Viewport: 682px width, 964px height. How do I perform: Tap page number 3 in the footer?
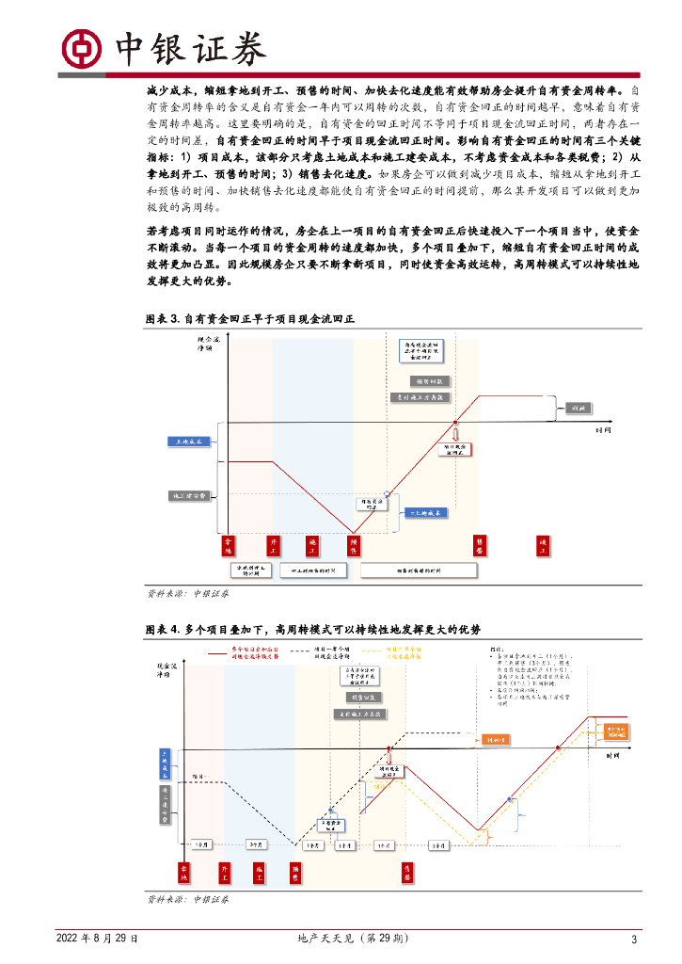pyautogui.click(x=634, y=940)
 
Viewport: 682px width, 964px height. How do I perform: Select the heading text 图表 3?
pyautogui.click(x=163, y=319)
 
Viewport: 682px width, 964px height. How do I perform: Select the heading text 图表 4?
pyautogui.click(x=163, y=629)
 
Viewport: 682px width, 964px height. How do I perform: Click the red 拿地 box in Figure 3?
pyautogui.click(x=227, y=546)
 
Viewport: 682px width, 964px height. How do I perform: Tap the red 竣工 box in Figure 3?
pyautogui.click(x=542, y=546)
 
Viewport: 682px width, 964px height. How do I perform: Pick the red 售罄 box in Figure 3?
pyautogui.click(x=479, y=546)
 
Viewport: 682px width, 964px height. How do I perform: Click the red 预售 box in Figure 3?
pyautogui.click(x=354, y=546)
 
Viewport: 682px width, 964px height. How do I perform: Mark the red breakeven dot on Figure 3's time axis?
pyautogui.click(x=455, y=423)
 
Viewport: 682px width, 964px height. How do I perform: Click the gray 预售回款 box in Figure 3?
pyautogui.click(x=432, y=381)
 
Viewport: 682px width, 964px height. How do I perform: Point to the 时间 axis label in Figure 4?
pyautogui.click(x=613, y=756)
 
